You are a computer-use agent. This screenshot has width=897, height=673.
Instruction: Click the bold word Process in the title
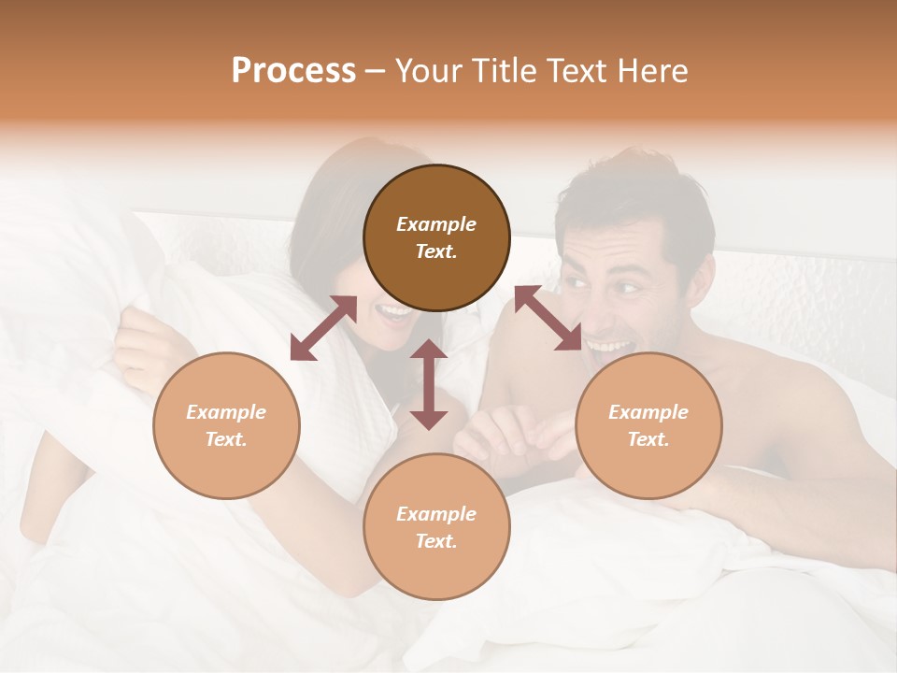tap(293, 71)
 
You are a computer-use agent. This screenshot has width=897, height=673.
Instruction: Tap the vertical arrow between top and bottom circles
tap(429, 384)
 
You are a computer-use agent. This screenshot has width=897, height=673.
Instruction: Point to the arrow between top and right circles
tap(548, 318)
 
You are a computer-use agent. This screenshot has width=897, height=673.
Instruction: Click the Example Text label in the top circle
tap(436, 237)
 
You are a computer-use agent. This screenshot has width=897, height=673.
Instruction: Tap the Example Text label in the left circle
tap(226, 425)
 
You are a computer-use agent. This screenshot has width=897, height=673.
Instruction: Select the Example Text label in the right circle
tap(648, 425)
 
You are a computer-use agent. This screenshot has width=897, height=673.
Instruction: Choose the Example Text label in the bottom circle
tap(436, 527)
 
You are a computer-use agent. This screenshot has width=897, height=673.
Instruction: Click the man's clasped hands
tap(509, 433)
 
